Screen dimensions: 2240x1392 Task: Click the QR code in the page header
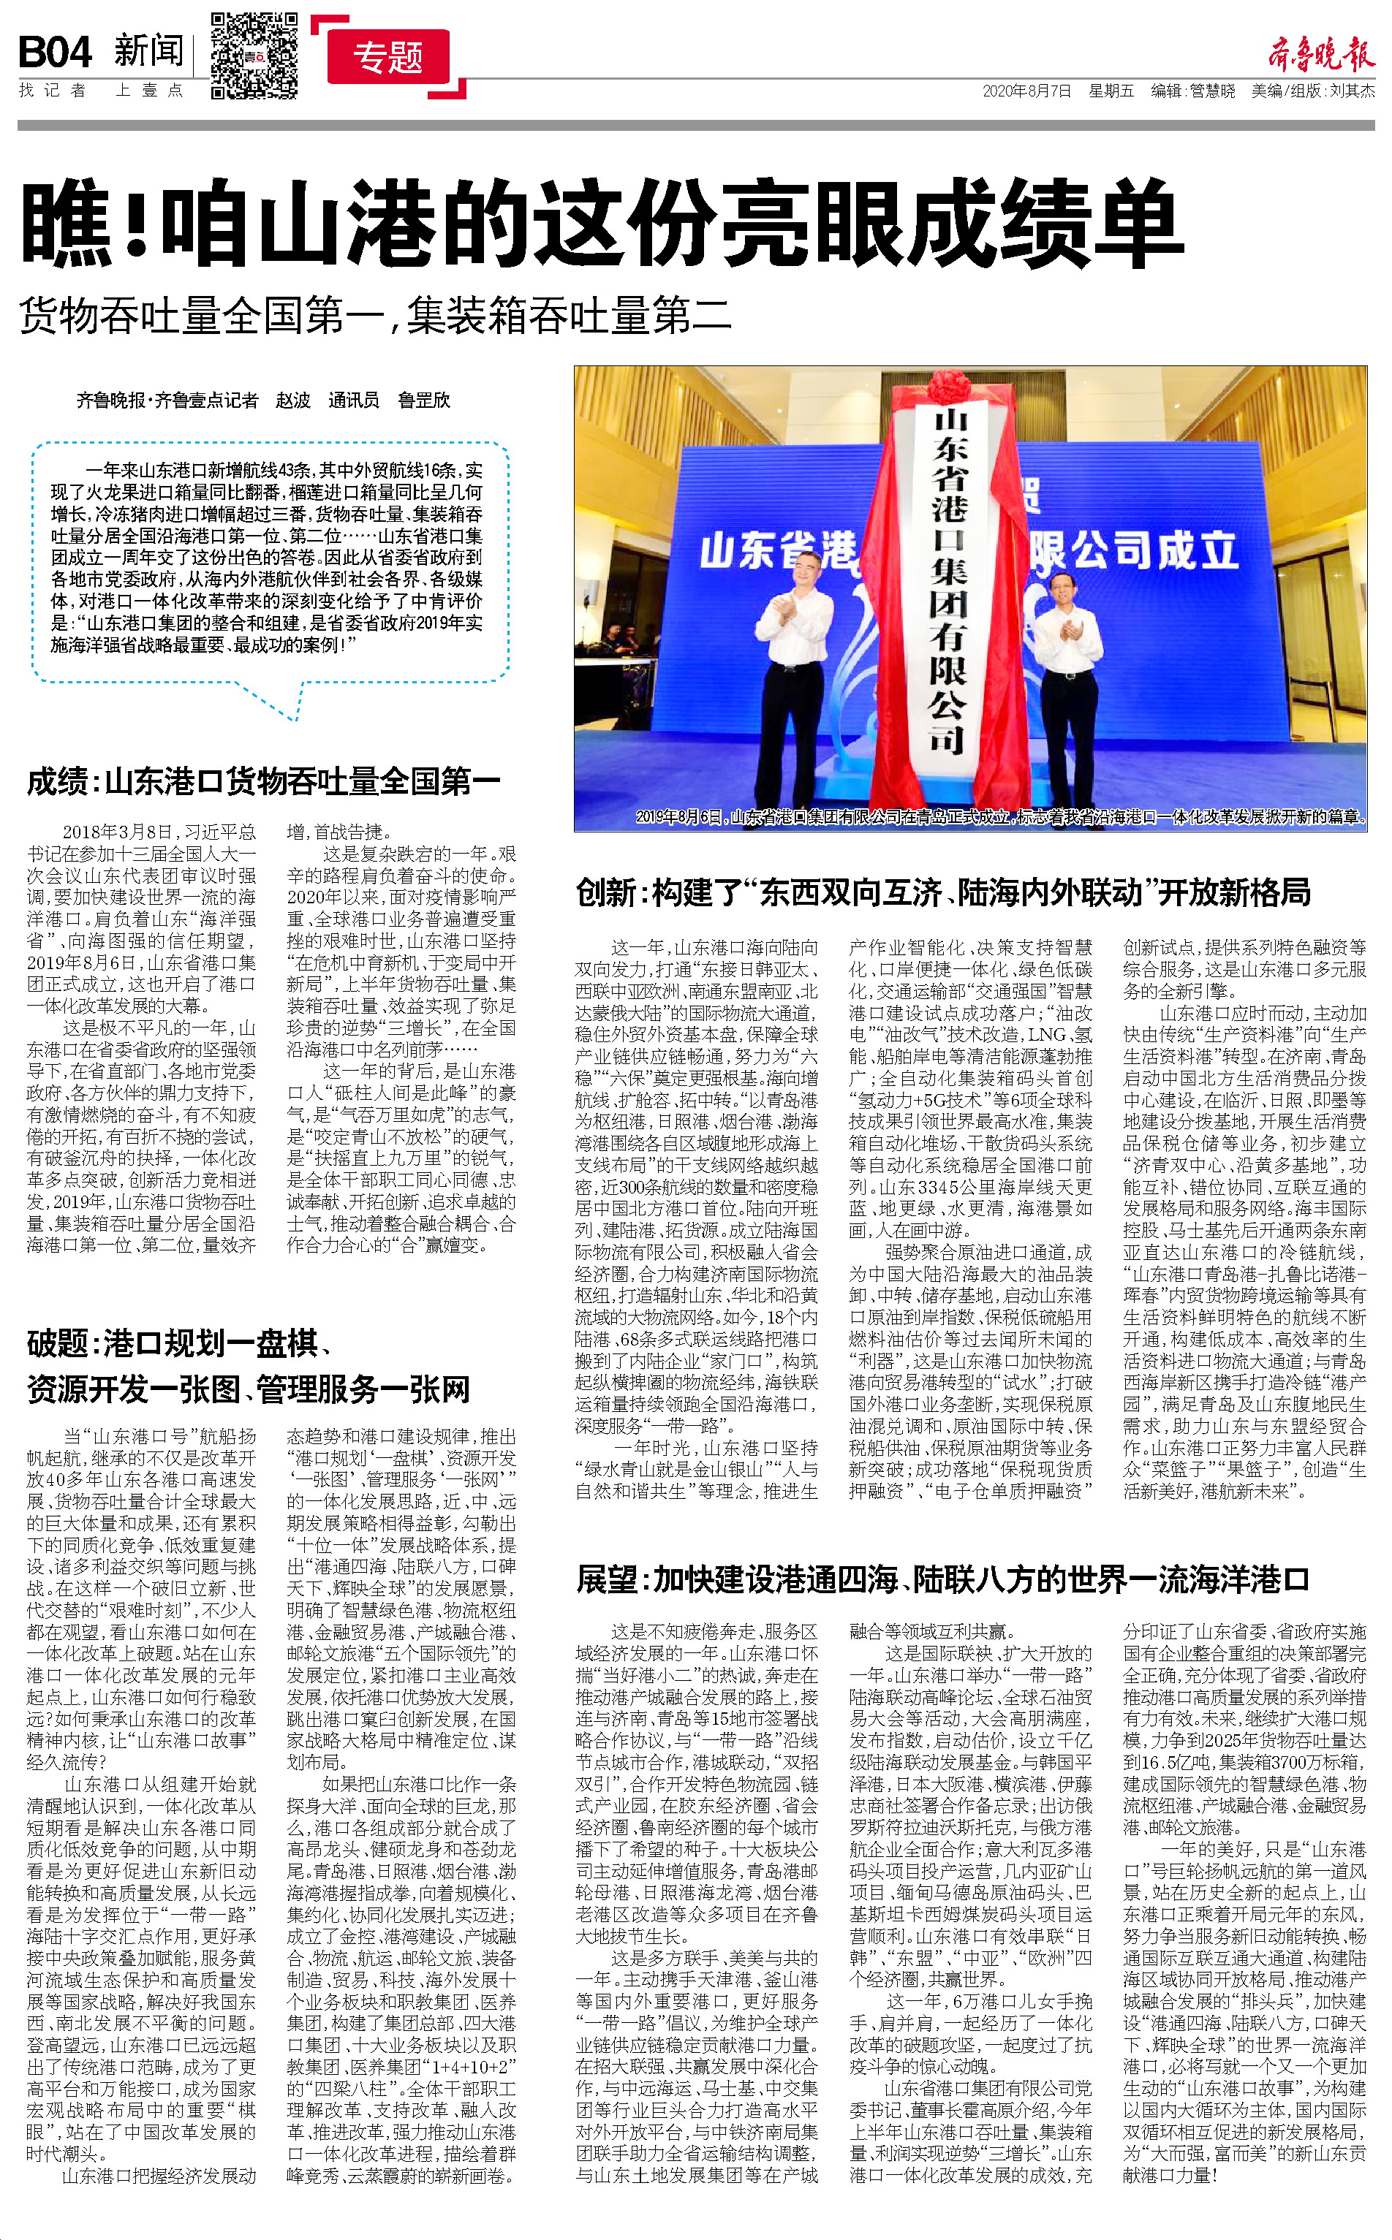click(254, 56)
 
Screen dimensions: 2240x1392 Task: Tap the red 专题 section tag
click(387, 57)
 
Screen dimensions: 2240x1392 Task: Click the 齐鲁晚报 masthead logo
click(1320, 54)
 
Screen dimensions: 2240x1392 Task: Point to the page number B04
click(56, 53)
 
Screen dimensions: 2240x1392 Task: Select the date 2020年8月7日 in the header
click(1026, 91)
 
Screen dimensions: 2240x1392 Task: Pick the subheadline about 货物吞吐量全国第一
click(375, 316)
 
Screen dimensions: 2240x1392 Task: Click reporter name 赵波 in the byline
click(292, 400)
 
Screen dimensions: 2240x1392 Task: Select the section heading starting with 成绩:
click(263, 781)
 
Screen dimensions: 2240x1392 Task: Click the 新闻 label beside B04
click(149, 50)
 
